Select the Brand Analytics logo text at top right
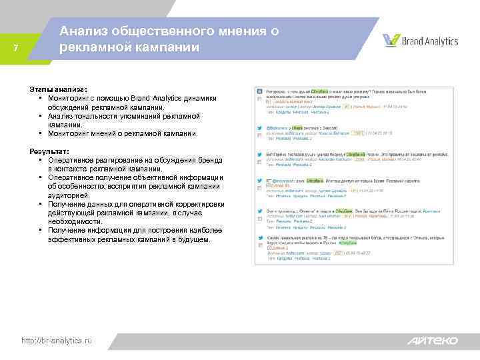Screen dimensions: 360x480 point(429,41)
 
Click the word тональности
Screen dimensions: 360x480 point(96,116)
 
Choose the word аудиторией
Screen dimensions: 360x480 point(70,196)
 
